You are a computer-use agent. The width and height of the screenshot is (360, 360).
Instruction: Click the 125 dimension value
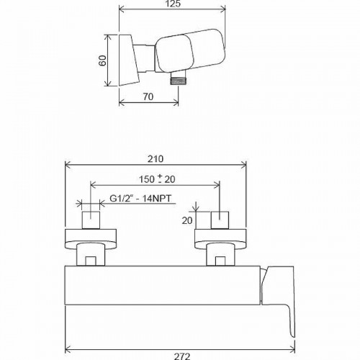(x=171, y=5)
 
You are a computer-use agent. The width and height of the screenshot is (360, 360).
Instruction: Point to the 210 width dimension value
(x=156, y=159)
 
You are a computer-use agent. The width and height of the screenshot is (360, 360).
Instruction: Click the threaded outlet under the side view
(x=175, y=81)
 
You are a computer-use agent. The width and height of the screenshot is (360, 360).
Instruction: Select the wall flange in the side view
(x=127, y=59)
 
